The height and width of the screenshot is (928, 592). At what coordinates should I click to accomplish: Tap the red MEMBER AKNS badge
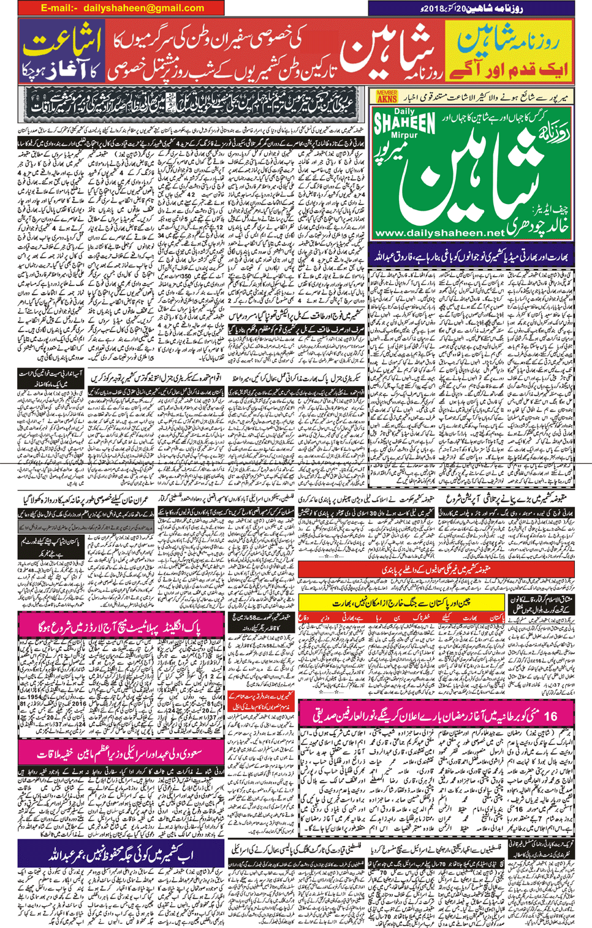pos(387,96)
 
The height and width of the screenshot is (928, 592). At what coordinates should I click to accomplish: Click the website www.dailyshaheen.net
pos(439,233)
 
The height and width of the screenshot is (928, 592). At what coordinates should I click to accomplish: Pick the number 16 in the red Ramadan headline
pos(550,715)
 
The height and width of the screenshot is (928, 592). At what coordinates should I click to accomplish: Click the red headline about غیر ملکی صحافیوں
pos(435,570)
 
